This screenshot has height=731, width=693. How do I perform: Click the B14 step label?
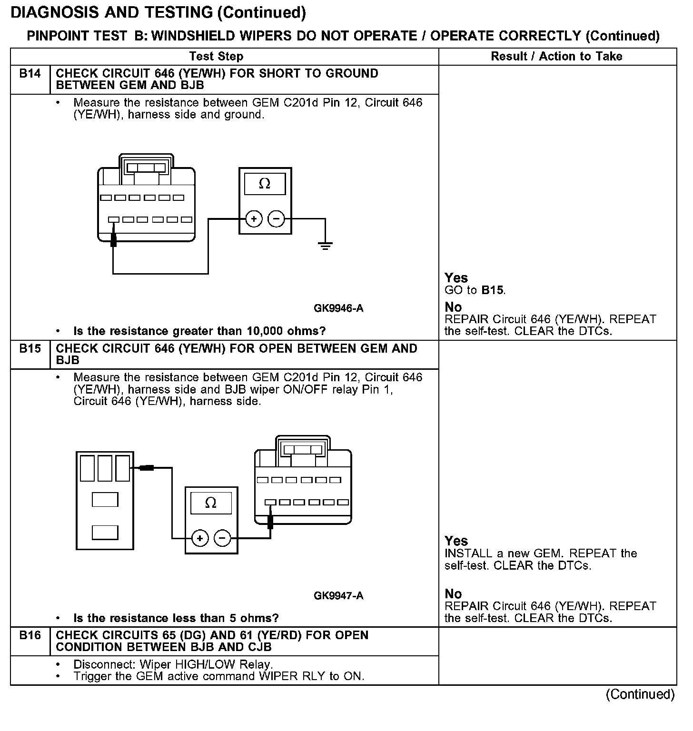coord(30,74)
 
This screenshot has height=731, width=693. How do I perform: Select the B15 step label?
coord(30,349)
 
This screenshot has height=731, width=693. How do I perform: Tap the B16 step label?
coord(30,635)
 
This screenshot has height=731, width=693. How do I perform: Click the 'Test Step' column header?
coord(216,57)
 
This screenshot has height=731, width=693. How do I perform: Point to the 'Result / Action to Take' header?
coord(556,57)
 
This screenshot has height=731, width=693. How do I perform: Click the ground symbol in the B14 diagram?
coord(325,246)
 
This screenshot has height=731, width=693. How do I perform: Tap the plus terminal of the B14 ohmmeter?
coord(254,219)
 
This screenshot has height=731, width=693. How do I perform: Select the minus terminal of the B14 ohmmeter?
coord(277,219)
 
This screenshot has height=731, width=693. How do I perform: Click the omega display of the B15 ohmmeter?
coord(211,503)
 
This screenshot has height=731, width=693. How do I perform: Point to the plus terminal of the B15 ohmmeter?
coord(200,538)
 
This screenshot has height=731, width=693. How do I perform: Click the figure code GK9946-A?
coord(338,308)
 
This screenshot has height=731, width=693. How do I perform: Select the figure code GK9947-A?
coord(338,596)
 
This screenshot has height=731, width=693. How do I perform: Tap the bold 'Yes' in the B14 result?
coord(456,278)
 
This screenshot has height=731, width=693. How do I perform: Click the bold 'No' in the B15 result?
coord(453,594)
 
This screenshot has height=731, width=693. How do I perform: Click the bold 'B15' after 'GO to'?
coord(493,290)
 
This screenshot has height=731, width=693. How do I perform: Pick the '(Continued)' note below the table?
coord(640,694)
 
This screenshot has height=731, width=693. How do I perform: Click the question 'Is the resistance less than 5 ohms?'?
coord(176,618)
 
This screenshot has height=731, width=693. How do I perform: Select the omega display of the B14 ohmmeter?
coord(265,184)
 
